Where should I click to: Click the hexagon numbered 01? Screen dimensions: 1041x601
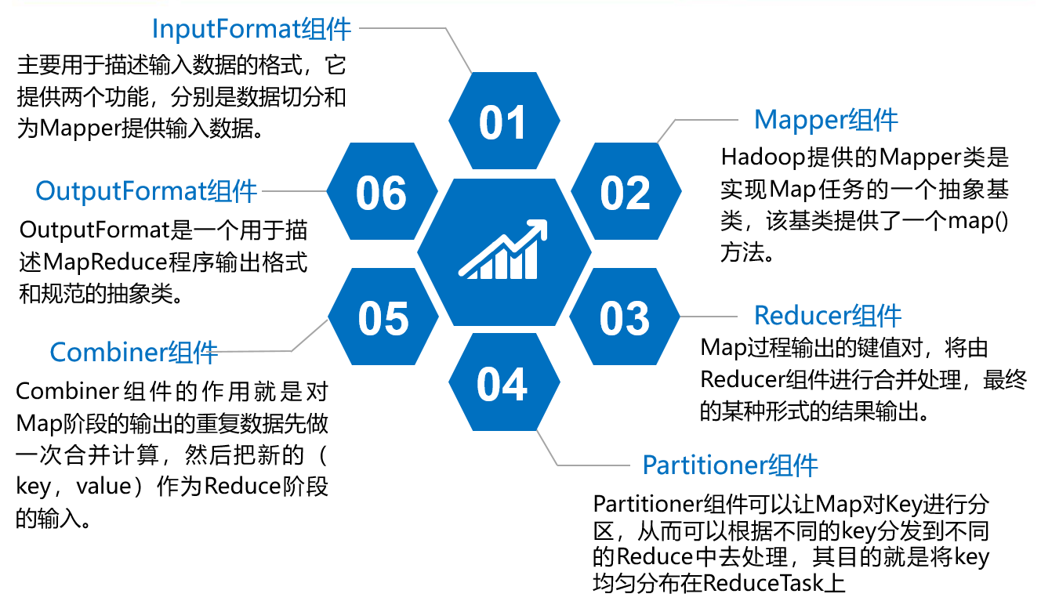coord(503,122)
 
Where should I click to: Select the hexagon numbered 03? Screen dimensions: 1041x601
coord(625,318)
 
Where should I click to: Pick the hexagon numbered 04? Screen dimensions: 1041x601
coord(503,384)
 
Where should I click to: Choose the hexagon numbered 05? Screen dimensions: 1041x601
coord(383,318)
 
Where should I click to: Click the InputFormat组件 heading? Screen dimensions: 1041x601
coord(251,29)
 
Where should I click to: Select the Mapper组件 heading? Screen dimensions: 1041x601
coord(825,120)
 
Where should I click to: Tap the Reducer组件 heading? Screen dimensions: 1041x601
coord(828,316)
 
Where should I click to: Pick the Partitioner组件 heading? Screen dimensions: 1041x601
coord(730,465)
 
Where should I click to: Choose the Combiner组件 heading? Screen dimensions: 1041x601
coord(134,352)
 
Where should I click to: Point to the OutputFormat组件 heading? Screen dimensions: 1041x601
coord(147,190)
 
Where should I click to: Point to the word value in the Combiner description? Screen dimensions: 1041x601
coord(103,487)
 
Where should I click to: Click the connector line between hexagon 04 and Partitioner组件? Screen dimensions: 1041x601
coord(580,465)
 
